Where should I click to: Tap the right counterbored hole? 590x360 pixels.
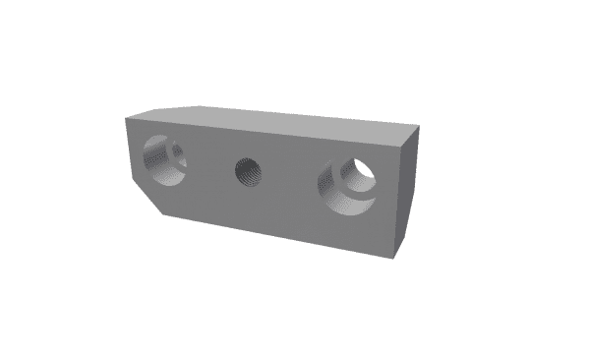coord(347,184)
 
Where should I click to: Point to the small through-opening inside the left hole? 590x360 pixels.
coord(177,150)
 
